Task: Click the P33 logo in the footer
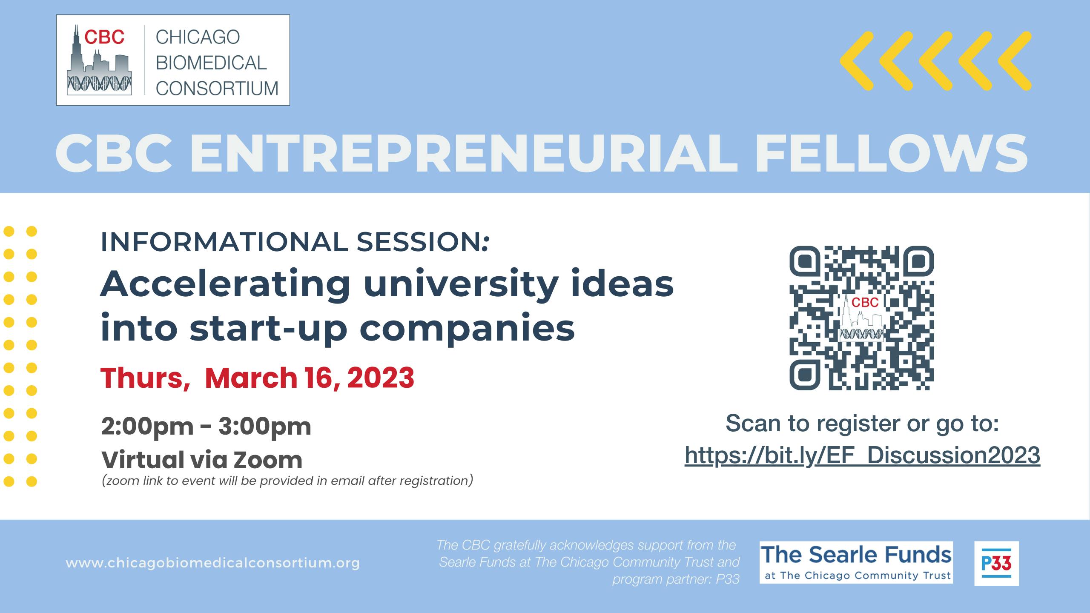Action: tap(996, 563)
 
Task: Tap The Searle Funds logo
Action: tap(856, 562)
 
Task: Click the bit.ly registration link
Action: tap(863, 455)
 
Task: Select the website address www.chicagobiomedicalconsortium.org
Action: tap(213, 563)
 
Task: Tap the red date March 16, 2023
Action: tap(310, 378)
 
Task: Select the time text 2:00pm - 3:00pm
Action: tap(206, 427)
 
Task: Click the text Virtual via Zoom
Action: tap(202, 460)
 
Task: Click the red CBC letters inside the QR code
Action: tap(865, 302)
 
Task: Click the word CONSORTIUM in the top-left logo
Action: tap(217, 89)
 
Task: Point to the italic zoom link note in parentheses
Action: tap(287, 481)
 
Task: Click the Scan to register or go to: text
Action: tap(862, 424)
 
